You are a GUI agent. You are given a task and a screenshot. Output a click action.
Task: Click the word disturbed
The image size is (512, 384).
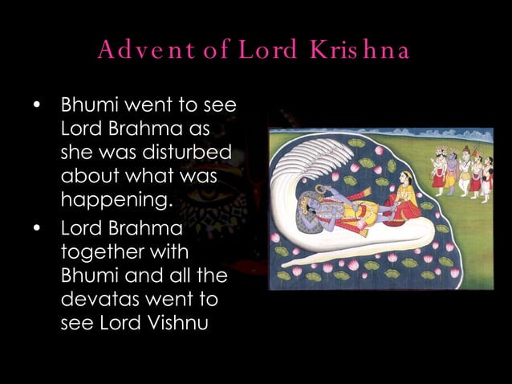tap(191, 153)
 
